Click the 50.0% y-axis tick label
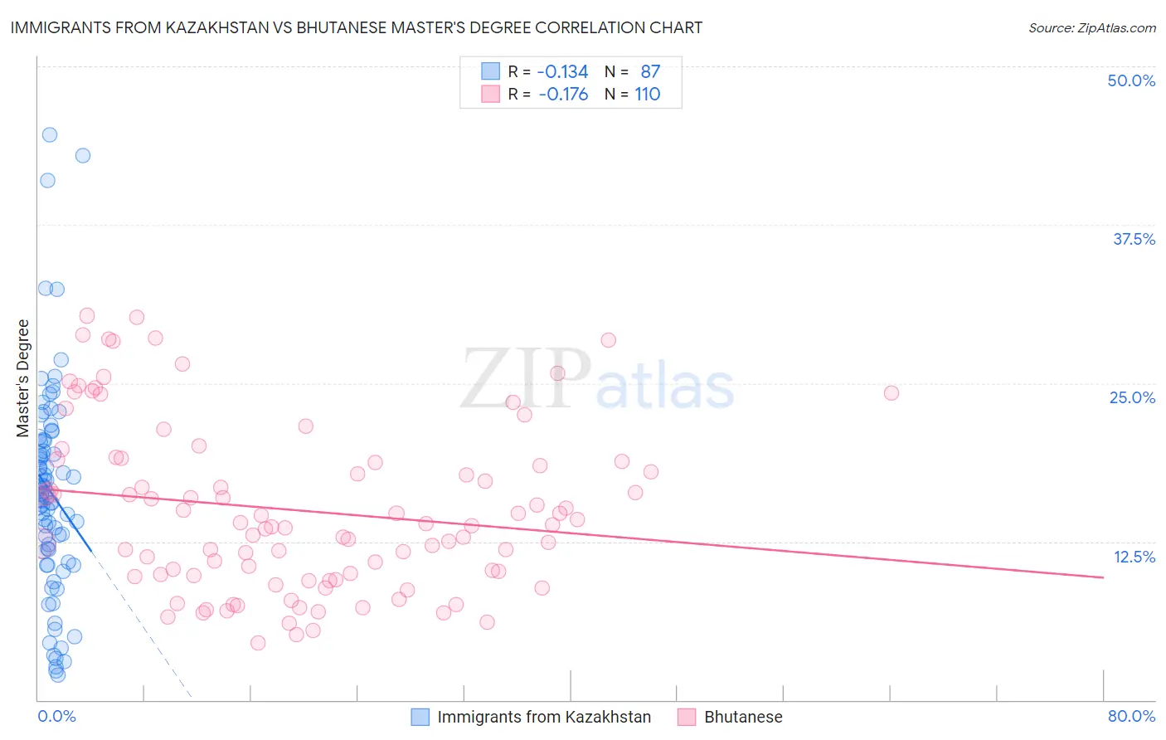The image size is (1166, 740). click(x=1131, y=80)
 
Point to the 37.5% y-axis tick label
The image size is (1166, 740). click(x=1134, y=239)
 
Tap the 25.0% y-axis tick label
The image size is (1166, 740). click(x=1132, y=397)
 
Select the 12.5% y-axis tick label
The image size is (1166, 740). click(x=1134, y=557)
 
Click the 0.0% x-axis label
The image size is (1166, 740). click(x=56, y=716)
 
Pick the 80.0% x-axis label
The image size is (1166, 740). click(x=1131, y=716)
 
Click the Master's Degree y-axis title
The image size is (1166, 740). click(x=23, y=378)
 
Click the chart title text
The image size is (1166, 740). click(x=357, y=27)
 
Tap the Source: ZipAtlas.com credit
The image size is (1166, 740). click(x=1091, y=27)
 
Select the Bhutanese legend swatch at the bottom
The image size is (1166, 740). click(x=687, y=717)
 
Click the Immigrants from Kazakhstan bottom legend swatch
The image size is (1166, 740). click(x=420, y=717)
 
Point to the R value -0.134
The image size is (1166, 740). click(x=562, y=71)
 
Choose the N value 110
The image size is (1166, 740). click(x=648, y=95)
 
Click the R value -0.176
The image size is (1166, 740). click(x=562, y=95)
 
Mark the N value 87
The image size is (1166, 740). click(x=650, y=71)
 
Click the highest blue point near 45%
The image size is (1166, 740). click(x=50, y=134)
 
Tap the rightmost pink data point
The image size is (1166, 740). click(x=892, y=392)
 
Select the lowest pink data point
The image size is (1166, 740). click(x=258, y=643)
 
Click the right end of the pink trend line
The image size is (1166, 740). click(x=1103, y=577)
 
